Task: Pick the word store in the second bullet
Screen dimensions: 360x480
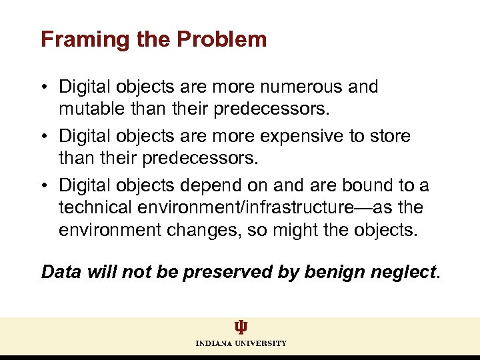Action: pyautogui.click(x=391, y=136)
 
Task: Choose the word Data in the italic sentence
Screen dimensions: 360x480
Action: pyautogui.click(x=62, y=272)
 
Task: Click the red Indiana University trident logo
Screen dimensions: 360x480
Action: pyautogui.click(x=241, y=327)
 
